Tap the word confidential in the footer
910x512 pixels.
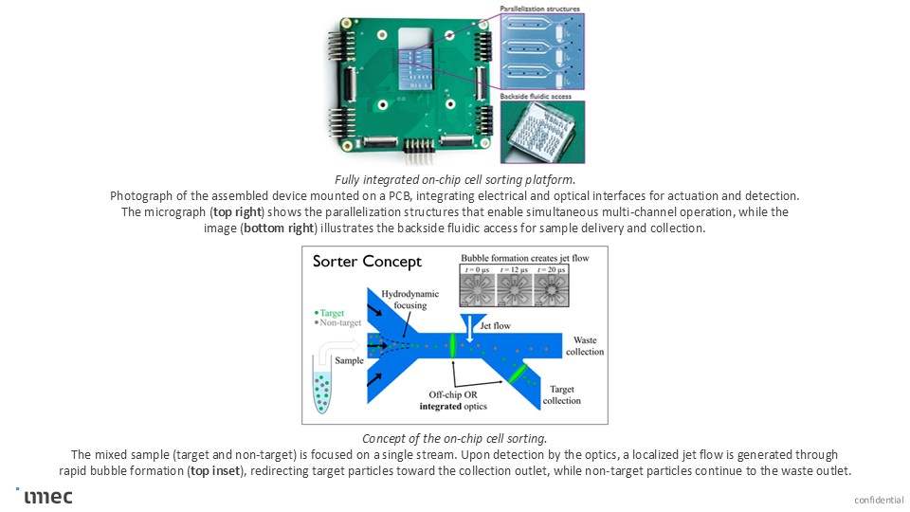[878, 500]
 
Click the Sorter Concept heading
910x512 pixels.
[368, 263]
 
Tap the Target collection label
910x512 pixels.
[562, 393]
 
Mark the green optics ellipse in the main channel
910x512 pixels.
[452, 345]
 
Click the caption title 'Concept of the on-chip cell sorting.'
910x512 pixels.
[454, 438]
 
